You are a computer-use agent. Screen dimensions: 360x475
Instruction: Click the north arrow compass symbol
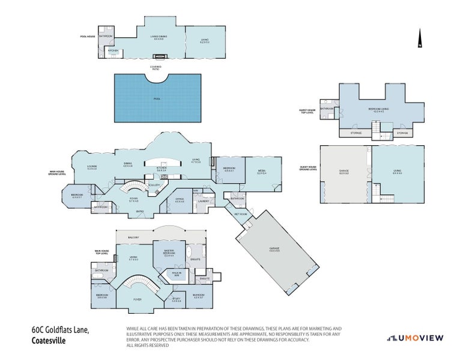tap(420, 38)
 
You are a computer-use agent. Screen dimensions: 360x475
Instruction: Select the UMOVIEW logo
tap(415, 338)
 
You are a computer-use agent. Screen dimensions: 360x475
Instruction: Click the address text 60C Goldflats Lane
tap(60, 329)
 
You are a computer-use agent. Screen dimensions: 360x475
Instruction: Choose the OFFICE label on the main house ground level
tap(179, 199)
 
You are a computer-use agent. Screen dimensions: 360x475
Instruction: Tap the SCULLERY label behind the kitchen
tap(154, 185)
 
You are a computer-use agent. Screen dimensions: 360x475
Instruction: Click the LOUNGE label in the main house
tap(92, 167)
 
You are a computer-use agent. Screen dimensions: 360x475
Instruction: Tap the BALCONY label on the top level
tap(133, 238)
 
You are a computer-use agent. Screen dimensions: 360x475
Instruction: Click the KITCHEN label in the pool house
tap(113, 50)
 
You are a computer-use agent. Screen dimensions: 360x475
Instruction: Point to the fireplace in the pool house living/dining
tap(159, 56)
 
